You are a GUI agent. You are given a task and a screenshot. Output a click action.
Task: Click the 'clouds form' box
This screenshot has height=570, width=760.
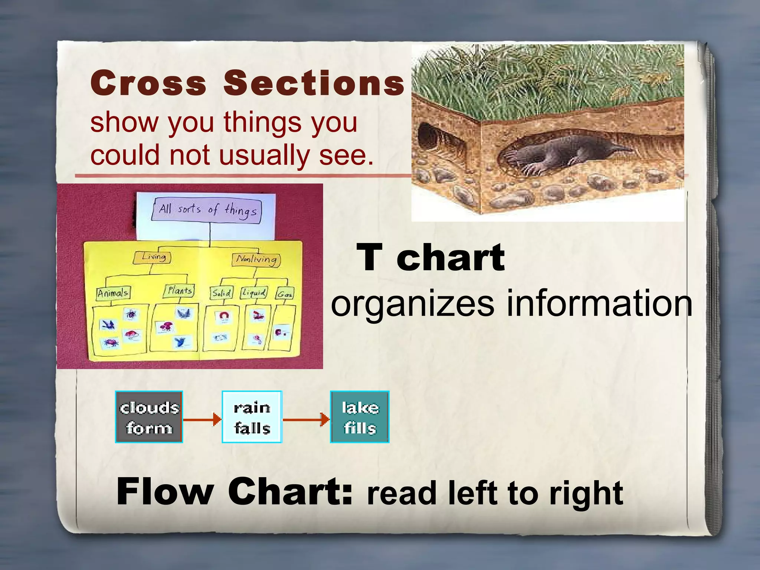click(x=149, y=417)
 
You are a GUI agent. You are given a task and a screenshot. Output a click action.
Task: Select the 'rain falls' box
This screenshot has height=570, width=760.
click(x=252, y=417)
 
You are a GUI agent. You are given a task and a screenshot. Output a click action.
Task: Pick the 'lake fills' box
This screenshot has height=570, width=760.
click(x=360, y=417)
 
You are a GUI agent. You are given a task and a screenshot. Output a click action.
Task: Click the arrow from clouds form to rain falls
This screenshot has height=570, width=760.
click(x=202, y=420)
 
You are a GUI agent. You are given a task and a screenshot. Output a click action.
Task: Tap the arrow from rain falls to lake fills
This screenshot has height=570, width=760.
click(x=306, y=420)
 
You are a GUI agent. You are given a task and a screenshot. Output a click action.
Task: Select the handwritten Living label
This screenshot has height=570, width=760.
click(x=152, y=257)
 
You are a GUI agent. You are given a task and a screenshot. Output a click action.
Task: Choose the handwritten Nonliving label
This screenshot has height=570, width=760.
click(x=256, y=259)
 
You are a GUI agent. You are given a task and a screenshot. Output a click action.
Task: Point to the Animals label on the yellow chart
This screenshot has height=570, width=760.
click(x=113, y=293)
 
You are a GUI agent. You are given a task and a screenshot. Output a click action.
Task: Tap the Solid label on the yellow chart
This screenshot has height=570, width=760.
click(x=221, y=293)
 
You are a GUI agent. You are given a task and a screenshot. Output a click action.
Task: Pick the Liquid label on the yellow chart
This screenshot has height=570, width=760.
click(x=254, y=293)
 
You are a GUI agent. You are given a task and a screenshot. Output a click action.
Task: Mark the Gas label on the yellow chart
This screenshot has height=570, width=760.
click(x=285, y=294)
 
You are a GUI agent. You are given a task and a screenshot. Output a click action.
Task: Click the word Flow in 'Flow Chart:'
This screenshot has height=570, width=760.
click(x=165, y=491)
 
